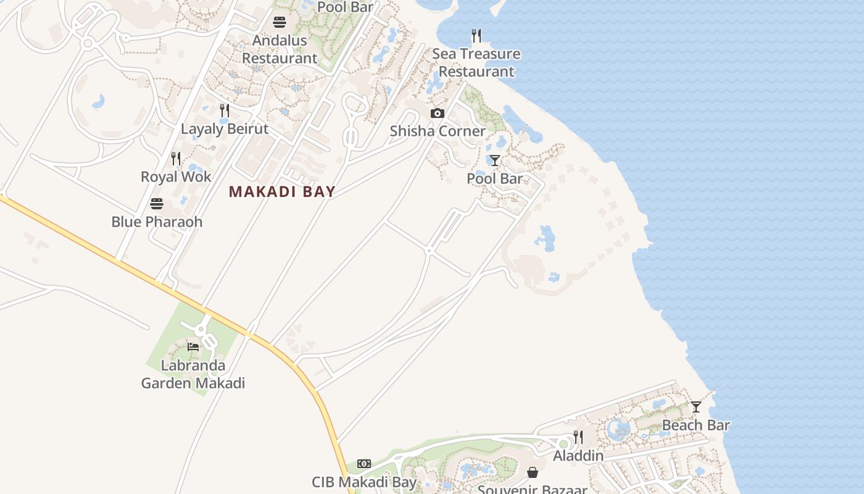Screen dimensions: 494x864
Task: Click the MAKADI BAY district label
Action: point(282,191)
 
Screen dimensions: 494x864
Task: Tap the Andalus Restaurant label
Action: point(280,49)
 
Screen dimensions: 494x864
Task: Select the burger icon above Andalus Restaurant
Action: point(280,23)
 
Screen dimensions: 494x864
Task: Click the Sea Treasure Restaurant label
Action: point(476,62)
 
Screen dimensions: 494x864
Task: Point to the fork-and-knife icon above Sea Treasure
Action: point(476,36)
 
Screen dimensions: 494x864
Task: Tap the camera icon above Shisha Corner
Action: point(438,113)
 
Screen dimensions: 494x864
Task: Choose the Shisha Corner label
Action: point(438,131)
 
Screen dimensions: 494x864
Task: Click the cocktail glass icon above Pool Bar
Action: point(494,161)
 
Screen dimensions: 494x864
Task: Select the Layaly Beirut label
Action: point(225,129)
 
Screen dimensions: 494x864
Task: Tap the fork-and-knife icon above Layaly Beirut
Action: point(225,111)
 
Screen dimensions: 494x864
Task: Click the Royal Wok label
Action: point(176,177)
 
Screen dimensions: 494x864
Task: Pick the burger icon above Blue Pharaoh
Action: point(157,204)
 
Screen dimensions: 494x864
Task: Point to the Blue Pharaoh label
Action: point(157,222)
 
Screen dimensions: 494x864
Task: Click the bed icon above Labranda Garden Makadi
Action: point(193,346)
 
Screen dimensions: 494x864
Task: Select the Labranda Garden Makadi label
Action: point(193,374)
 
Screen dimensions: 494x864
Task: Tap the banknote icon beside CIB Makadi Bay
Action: point(364,464)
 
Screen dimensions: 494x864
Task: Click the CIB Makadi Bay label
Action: point(364,482)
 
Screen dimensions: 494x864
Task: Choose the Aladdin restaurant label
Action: point(578,456)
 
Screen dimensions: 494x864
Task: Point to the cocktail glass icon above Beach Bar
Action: point(696,407)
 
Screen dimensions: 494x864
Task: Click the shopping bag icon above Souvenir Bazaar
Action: point(533,472)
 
